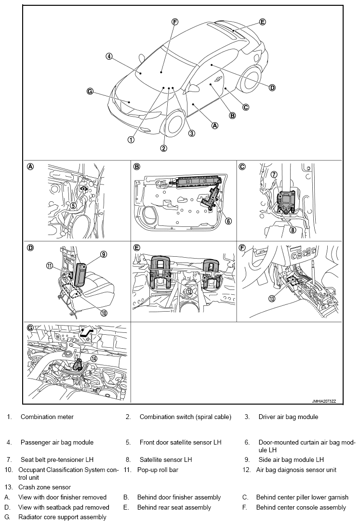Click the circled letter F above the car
click(x=174, y=22)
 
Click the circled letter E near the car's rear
click(x=263, y=22)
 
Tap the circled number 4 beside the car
click(x=109, y=56)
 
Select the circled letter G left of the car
click(x=90, y=91)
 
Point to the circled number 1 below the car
click(x=131, y=140)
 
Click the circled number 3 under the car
click(x=191, y=133)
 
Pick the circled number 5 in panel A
click(x=73, y=205)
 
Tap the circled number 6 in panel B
click(x=228, y=221)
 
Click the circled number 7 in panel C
click(x=274, y=174)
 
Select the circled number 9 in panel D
click(x=104, y=254)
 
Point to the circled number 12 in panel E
click(x=189, y=291)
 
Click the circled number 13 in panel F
click(x=272, y=298)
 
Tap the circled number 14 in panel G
click(x=94, y=358)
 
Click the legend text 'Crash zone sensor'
click(x=44, y=487)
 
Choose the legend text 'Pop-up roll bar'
click(x=158, y=470)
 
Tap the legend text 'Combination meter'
click(x=47, y=417)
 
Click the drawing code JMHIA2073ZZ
click(x=324, y=401)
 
